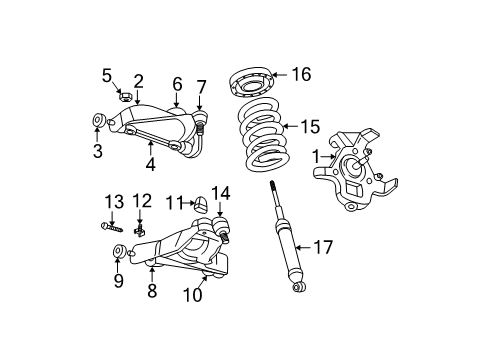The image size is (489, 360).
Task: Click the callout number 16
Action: (x=300, y=73)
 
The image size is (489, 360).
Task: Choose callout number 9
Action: (x=118, y=282)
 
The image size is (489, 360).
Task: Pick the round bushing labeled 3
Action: (x=98, y=123)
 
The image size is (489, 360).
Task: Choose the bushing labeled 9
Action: (x=118, y=252)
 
